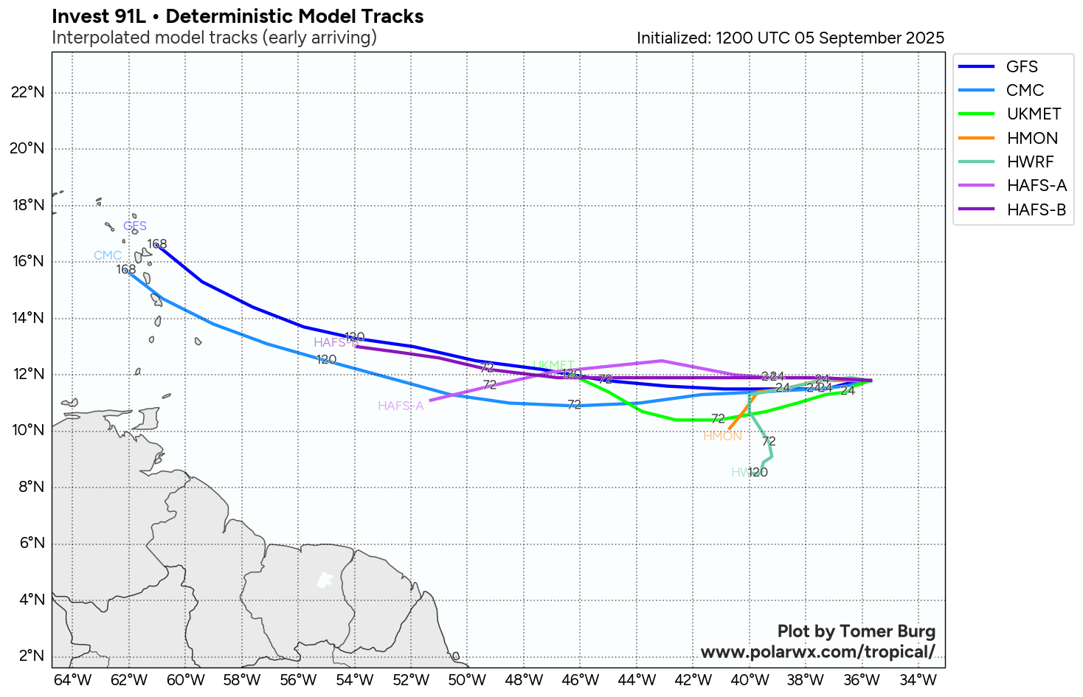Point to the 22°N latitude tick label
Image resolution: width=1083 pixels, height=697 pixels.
(28, 92)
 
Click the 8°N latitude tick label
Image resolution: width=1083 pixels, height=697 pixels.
(31, 487)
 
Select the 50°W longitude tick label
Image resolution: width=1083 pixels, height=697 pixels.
(467, 680)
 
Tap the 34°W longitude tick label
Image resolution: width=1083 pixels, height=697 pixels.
(918, 680)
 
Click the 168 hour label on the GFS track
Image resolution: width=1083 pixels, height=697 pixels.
(157, 244)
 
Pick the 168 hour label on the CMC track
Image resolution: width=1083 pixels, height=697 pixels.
(126, 270)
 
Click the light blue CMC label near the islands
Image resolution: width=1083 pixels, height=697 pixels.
(108, 256)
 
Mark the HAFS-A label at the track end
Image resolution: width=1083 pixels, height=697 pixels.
(401, 406)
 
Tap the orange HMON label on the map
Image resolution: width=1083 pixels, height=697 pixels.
(722, 437)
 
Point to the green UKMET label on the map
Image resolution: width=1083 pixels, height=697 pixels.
(553, 366)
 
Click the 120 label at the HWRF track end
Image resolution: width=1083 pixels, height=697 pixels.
(758, 473)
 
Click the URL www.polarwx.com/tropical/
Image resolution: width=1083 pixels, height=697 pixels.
(817, 652)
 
